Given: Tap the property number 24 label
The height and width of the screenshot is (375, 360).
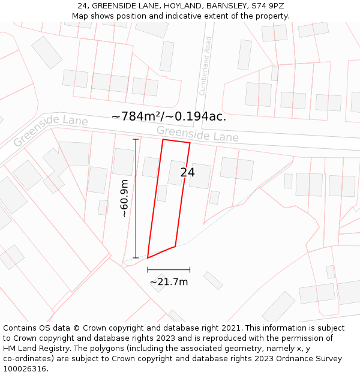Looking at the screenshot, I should (x=187, y=172).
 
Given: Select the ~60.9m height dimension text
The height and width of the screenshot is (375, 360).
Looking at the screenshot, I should (x=124, y=199).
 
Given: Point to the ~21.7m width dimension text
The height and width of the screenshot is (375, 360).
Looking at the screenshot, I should (x=169, y=281).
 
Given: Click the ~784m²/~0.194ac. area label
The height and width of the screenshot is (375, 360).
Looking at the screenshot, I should (x=169, y=116).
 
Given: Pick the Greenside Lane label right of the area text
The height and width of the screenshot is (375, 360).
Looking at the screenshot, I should (x=197, y=134).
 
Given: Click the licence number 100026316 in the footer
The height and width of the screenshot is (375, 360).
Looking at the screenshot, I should (x=25, y=369).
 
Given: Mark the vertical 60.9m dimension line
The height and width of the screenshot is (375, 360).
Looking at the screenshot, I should (x=136, y=199).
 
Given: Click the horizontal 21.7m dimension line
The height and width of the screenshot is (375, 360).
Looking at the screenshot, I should (x=169, y=270).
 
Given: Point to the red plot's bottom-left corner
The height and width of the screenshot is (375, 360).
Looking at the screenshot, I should (x=148, y=258).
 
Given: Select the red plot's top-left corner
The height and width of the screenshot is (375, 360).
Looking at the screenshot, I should (x=163, y=140).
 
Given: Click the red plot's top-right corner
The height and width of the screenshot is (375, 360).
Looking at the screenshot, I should (x=190, y=143).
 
